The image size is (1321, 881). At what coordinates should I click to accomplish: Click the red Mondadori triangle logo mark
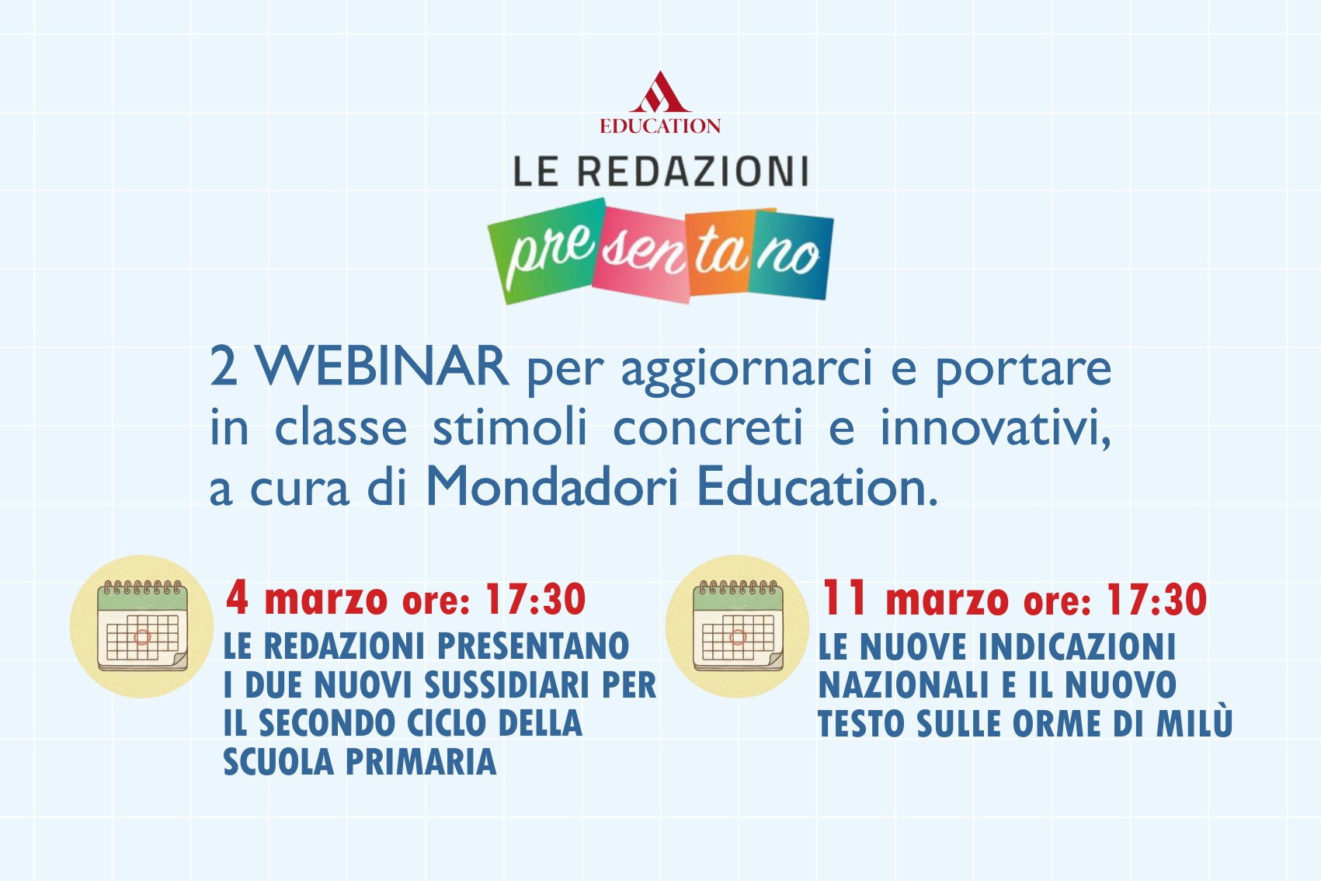(659, 93)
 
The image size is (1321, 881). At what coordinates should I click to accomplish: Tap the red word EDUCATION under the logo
(659, 126)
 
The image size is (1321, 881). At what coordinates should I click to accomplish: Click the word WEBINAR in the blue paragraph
(383, 366)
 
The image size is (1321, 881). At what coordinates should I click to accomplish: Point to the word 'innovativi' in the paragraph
(994, 428)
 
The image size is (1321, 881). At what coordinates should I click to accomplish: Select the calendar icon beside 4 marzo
(142, 626)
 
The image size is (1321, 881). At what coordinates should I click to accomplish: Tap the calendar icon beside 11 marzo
(738, 626)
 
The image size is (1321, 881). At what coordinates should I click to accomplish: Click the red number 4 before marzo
(237, 598)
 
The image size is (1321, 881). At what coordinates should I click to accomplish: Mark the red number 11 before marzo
(843, 598)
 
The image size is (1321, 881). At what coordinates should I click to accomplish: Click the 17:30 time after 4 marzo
(535, 600)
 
